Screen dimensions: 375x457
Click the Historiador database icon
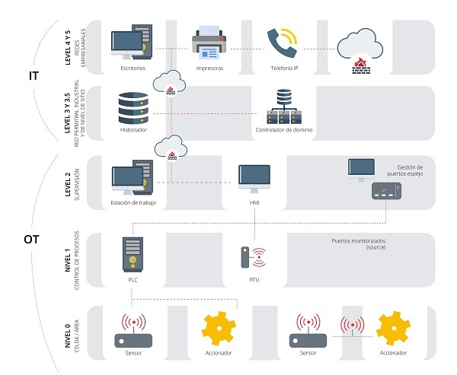click(133, 108)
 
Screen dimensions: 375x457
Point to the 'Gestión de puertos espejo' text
click(415, 170)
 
